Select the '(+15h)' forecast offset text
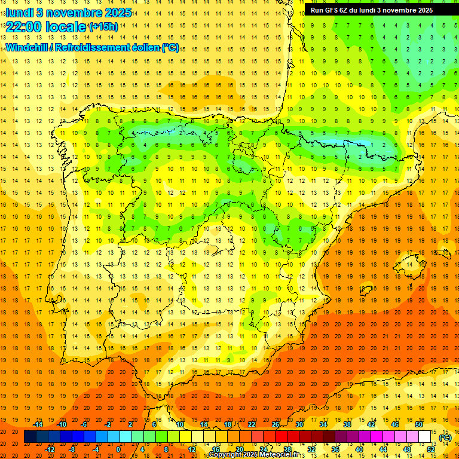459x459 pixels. click(103, 27)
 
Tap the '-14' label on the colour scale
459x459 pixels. click(39, 424)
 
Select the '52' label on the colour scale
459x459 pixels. click(431, 449)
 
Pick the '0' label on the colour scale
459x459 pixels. click(118, 449)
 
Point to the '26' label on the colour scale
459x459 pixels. click(276, 424)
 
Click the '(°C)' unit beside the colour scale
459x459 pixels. click(445, 437)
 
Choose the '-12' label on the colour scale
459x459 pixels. click(51, 449)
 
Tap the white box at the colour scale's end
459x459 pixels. click(425, 437)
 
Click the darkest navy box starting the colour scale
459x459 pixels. click(30, 437)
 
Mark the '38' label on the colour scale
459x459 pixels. click(347, 424)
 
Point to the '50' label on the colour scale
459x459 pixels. click(419, 424)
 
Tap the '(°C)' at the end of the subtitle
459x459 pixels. click(170, 47)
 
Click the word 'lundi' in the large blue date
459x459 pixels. click(19, 12)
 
